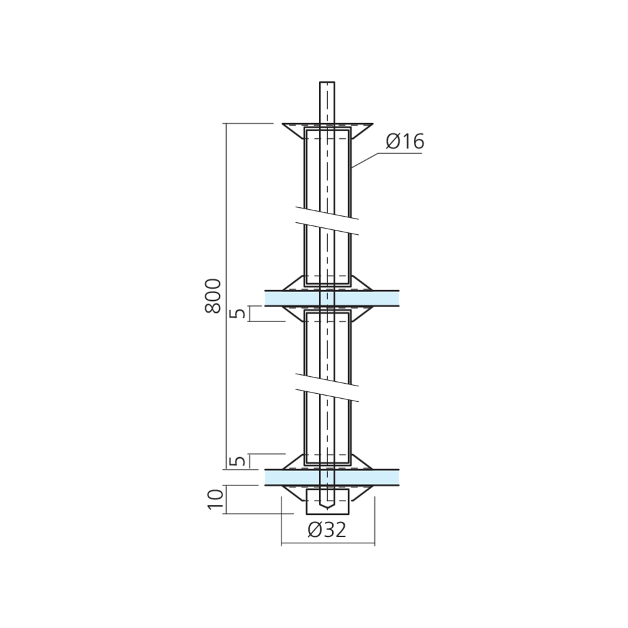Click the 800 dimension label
[x=213, y=296]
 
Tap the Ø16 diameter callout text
[x=404, y=142]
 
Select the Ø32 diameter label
[x=327, y=530]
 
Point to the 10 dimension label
[x=215, y=499]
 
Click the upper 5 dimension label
[x=239, y=313]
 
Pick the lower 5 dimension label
[x=239, y=462]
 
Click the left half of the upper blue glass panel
[x=292, y=298]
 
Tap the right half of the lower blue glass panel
[x=367, y=477]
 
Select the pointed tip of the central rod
[x=327, y=509]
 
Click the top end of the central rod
[x=327, y=82]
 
